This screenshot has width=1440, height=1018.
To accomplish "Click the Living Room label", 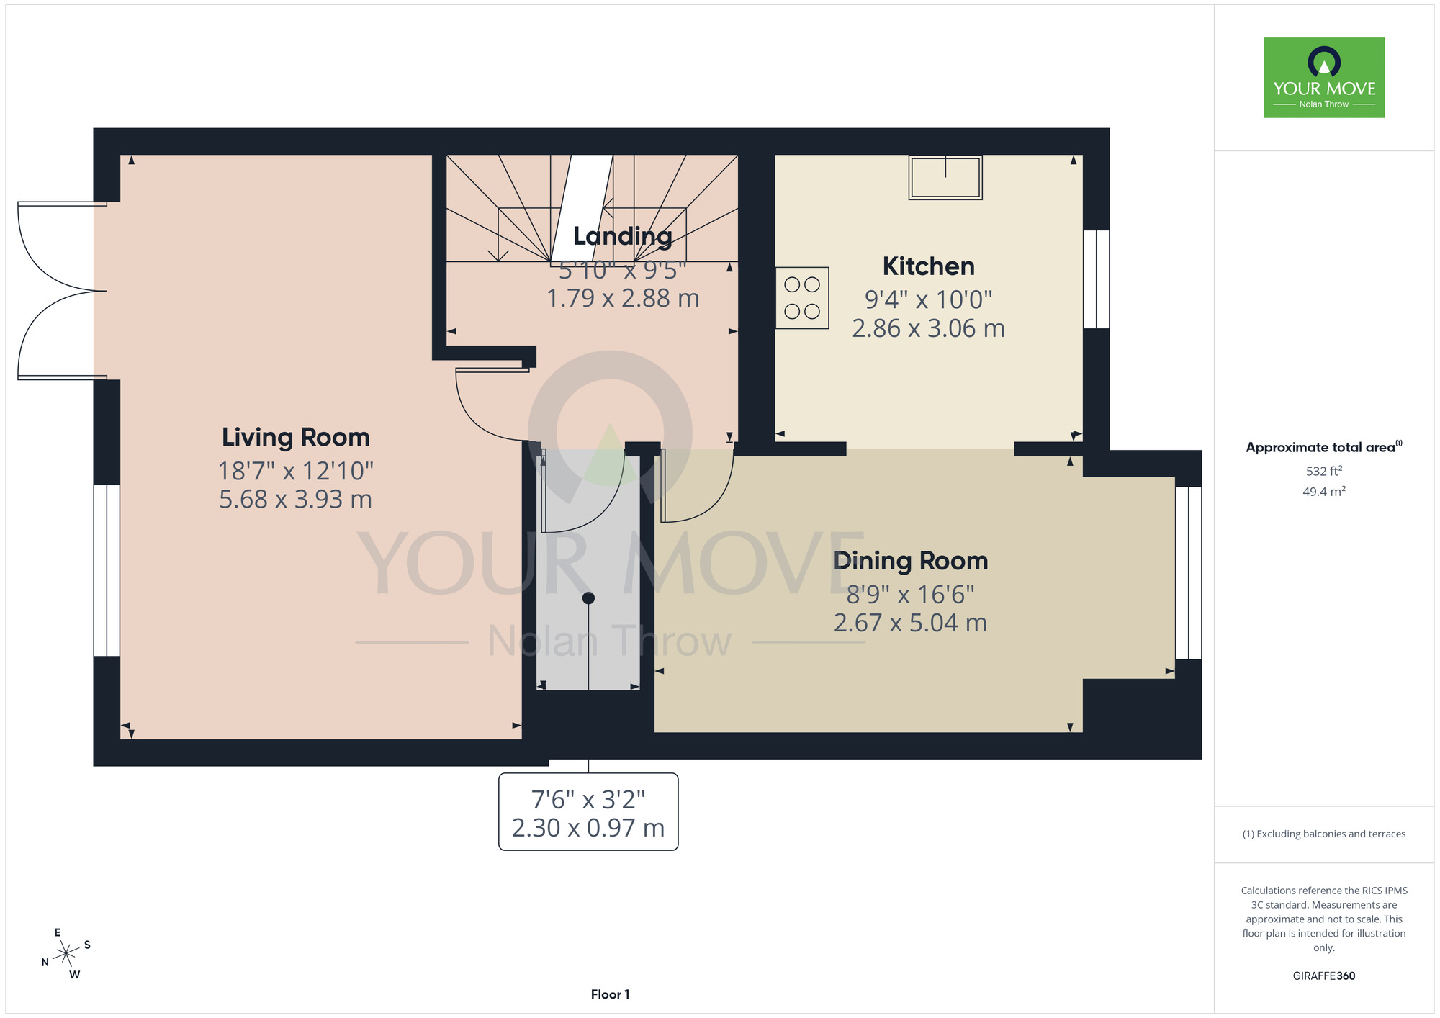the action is [296, 437].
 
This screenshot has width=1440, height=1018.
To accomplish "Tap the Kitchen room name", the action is [929, 266].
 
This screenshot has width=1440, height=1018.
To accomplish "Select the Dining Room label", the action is [911, 561].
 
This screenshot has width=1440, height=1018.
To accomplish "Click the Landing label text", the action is [623, 236].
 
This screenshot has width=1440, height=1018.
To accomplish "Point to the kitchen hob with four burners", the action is [802, 298].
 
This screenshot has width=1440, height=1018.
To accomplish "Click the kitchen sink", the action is [945, 177].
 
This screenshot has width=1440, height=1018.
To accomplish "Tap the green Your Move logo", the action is [1324, 78].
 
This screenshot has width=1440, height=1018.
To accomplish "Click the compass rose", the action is [66, 954].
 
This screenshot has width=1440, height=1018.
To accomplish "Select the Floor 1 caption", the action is [610, 994].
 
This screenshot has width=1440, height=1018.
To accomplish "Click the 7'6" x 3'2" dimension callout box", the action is [588, 812].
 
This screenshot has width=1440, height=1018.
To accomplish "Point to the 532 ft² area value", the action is [1324, 471].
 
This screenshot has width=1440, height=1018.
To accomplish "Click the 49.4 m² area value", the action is [1324, 492].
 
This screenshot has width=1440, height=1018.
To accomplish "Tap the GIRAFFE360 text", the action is [1324, 976].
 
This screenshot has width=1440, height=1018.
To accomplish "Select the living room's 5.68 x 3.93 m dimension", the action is [296, 500].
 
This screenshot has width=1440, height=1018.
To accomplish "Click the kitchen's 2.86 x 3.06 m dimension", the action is [929, 328].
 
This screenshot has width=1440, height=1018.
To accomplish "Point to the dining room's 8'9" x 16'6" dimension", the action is [911, 595].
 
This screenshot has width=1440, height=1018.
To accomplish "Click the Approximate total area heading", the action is [1324, 447].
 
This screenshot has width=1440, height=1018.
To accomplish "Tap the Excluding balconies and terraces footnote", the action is [1324, 834].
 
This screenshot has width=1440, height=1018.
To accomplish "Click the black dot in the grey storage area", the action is [588, 598].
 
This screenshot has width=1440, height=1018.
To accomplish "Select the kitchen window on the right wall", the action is [1097, 279].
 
